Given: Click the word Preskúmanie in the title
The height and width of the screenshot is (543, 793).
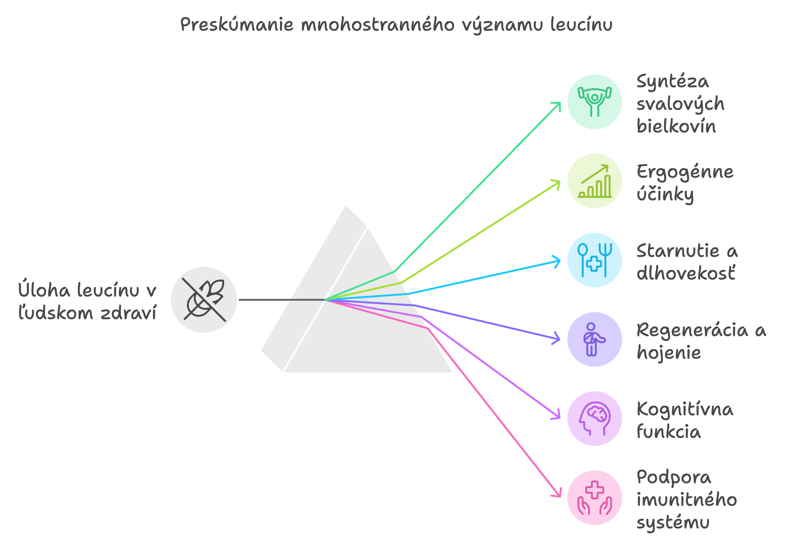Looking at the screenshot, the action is tap(237, 25).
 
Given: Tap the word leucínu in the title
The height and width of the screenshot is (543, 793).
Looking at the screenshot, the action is tap(582, 25).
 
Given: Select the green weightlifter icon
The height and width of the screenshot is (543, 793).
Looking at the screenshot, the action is tap(594, 102).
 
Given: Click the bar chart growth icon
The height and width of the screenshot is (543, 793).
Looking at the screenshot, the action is tap(594, 181).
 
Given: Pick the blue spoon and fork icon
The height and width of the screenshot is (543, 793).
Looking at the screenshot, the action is tap(594, 260).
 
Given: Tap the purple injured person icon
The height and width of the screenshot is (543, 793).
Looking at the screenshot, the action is tap(594, 339).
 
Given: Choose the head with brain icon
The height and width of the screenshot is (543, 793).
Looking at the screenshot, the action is tap(594, 419).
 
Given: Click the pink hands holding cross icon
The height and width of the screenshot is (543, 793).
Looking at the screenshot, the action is tap(594, 498).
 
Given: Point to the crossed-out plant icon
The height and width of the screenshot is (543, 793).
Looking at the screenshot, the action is tap(204, 300).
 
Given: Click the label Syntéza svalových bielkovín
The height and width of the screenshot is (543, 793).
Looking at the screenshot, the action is tap(680, 104).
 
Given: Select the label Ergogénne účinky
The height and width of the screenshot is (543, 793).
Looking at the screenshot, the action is tap(684, 183).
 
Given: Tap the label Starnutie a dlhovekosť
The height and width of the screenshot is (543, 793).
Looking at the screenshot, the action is tap(687, 262).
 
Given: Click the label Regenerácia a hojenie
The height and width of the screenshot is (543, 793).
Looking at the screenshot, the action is tap(701, 341).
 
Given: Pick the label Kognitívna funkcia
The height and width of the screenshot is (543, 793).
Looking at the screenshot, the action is tap(684, 420).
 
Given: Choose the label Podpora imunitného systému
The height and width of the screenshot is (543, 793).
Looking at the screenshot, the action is tap(686, 500).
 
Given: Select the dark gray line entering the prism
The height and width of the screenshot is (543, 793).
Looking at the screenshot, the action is tap(282, 300).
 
